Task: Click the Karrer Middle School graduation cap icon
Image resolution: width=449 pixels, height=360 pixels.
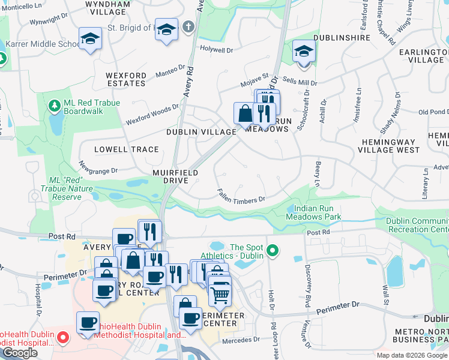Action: pos(90,39)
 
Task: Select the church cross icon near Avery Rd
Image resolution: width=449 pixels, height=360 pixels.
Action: pos(188,27)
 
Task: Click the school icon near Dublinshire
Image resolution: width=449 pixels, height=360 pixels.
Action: pos(304,51)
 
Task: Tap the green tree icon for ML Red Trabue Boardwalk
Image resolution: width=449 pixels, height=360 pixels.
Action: pos(55,106)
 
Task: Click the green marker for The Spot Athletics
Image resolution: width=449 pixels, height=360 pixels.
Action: pos(273,250)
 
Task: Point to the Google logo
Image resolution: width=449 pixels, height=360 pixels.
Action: pos(20,353)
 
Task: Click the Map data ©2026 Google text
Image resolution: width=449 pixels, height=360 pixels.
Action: pos(411,355)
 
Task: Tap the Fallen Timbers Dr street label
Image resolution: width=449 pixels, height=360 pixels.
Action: pos(241,196)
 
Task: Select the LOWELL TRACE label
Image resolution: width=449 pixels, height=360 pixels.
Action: pos(127,149)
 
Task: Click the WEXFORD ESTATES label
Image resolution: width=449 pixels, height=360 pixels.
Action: pos(126,79)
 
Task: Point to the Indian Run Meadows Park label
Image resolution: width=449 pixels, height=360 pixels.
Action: pos(313,212)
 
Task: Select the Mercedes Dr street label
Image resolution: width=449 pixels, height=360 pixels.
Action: pos(240,340)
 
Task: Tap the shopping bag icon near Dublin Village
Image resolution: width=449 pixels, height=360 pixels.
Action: pos(245,113)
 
